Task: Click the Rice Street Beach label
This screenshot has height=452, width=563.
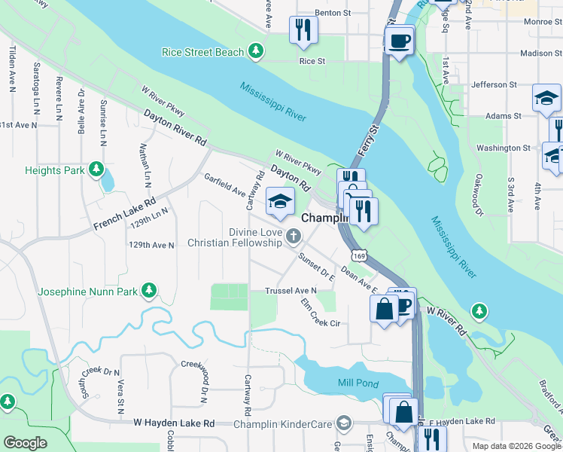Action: (203, 52)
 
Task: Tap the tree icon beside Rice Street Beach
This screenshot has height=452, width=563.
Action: (257, 51)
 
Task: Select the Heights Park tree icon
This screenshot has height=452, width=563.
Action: (96, 170)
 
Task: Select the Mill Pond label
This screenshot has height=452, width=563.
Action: (358, 383)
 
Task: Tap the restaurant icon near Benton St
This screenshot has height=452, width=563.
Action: (303, 30)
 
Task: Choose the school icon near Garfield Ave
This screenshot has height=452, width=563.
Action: (280, 201)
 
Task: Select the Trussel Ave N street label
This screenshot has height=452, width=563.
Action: (291, 291)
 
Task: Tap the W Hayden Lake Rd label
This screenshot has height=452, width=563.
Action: (174, 424)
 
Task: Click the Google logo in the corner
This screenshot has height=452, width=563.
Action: (25, 443)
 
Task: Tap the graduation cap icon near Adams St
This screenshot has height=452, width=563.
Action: (546, 97)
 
